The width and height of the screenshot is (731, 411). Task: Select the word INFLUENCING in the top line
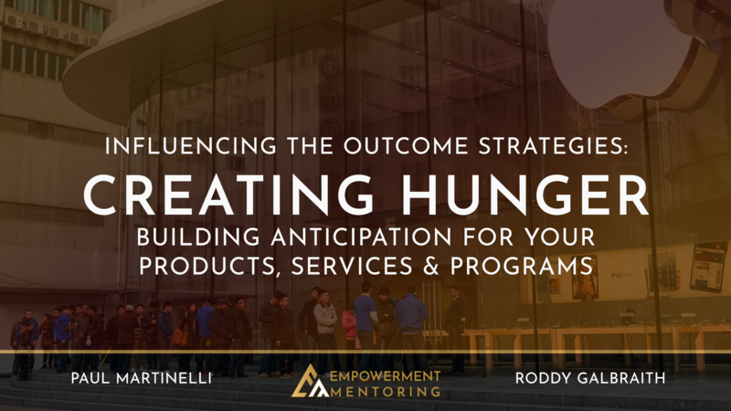pyautogui.click(x=190, y=146)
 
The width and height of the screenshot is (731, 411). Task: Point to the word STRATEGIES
pyautogui.click(x=552, y=146)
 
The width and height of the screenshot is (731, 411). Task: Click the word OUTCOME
pyautogui.click(x=406, y=146)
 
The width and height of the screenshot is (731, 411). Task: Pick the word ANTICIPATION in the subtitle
pyautogui.click(x=361, y=237)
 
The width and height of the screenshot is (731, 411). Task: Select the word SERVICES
pyautogui.click(x=352, y=267)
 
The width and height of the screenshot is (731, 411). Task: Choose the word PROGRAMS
pyautogui.click(x=521, y=267)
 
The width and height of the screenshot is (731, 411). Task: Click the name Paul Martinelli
pyautogui.click(x=142, y=378)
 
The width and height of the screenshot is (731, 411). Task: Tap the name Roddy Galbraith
pyautogui.click(x=590, y=378)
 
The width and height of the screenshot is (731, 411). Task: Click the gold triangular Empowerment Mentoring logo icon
pyautogui.click(x=309, y=382)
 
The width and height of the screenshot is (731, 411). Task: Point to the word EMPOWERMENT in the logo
pyautogui.click(x=385, y=376)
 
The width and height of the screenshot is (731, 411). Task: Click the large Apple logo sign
pyautogui.click(x=620, y=51)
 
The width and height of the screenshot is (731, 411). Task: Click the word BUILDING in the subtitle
pyautogui.click(x=198, y=237)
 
